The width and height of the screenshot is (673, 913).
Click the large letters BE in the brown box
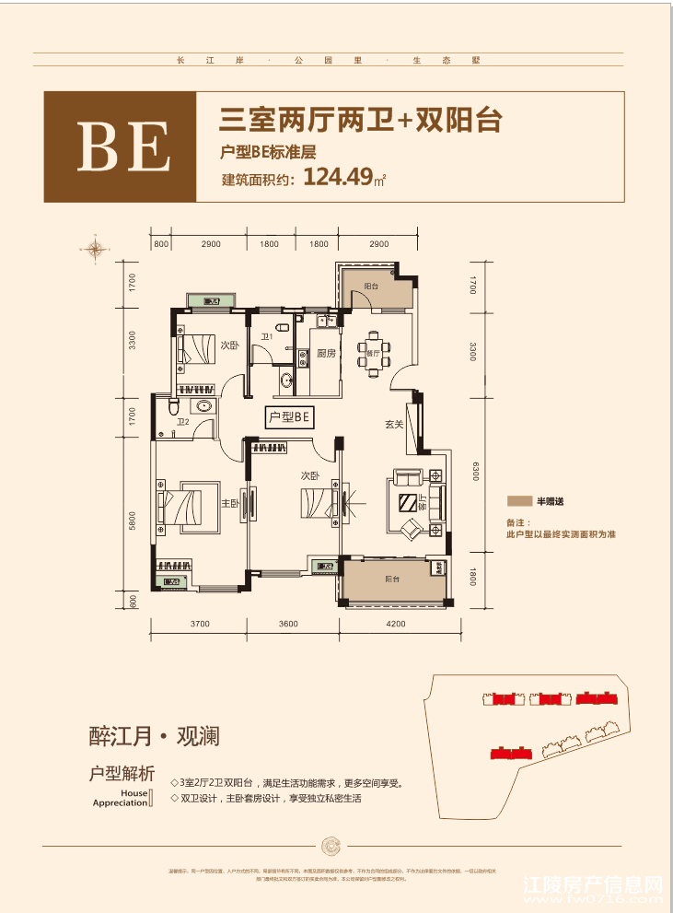(x=120, y=148)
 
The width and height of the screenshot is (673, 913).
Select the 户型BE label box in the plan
(x=289, y=417)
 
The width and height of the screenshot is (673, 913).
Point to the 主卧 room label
(x=230, y=504)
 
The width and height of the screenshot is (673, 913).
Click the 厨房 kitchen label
(x=326, y=354)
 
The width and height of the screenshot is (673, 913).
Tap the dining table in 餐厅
(x=374, y=354)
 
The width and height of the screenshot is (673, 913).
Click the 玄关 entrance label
(x=395, y=425)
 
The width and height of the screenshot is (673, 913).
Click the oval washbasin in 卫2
(x=203, y=406)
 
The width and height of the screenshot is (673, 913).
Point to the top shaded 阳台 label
(x=371, y=287)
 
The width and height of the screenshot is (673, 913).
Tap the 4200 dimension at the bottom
(x=396, y=625)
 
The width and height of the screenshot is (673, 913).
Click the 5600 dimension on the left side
(x=133, y=521)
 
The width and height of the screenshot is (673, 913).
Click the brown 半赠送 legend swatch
(x=519, y=502)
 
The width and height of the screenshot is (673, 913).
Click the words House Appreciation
(x=121, y=798)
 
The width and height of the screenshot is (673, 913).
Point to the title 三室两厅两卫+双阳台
(x=360, y=121)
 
